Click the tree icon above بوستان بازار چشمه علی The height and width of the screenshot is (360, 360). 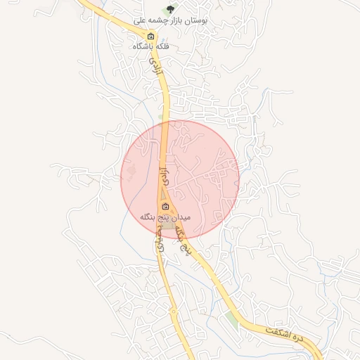[169, 9]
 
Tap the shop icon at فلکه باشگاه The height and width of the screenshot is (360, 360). [150, 36]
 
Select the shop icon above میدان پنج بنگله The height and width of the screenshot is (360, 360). [166, 206]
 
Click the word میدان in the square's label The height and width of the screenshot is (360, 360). [181, 217]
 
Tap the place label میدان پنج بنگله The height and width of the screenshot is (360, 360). [166, 217]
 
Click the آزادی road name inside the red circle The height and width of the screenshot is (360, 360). [163, 175]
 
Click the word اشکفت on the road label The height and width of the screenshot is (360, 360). [278, 333]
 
